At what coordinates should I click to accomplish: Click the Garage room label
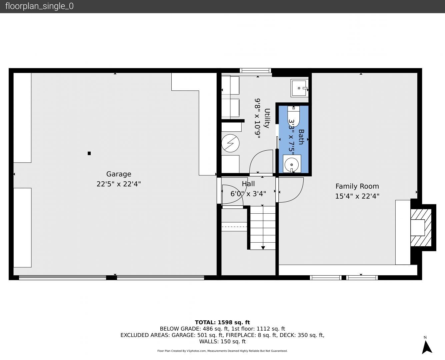coord(119,174)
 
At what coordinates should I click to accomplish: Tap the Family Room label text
coord(357,186)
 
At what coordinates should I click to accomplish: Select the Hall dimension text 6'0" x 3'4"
coord(248,194)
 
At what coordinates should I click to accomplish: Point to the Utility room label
coord(267,118)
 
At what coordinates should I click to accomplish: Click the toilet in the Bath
coord(294,116)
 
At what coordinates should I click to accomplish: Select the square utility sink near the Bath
coord(299,88)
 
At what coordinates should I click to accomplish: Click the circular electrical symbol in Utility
coord(230,143)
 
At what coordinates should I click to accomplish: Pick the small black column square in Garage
coord(89,153)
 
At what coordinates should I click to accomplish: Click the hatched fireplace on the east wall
coord(421,228)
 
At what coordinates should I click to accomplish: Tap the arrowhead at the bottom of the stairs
coord(263,248)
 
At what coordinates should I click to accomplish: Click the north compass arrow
coord(427,347)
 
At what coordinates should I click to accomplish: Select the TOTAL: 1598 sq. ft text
coord(222,322)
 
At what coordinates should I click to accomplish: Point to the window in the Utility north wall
coord(255,70)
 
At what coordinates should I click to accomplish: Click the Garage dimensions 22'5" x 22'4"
coord(119,184)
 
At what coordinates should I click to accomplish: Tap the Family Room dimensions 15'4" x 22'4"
coord(357,196)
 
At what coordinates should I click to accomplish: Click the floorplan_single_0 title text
coord(39,6)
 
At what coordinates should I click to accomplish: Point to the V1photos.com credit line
coord(222,351)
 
